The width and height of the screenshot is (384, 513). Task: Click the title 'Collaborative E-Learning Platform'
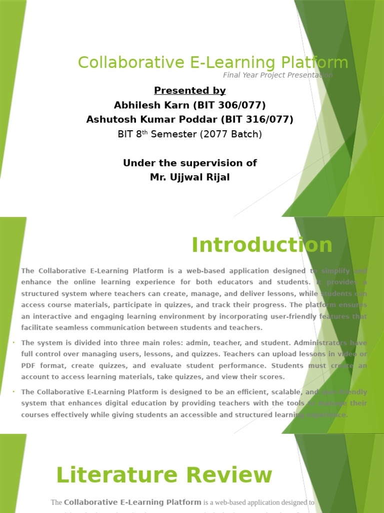pyautogui.click(x=213, y=63)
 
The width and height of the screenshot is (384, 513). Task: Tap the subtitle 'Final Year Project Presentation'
pyautogui.click(x=277, y=75)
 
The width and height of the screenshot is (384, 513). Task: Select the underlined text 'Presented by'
pyautogui.click(x=190, y=91)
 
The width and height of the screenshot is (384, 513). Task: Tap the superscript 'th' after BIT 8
pyautogui.click(x=146, y=132)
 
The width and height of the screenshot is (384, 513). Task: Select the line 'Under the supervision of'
pyautogui.click(x=190, y=163)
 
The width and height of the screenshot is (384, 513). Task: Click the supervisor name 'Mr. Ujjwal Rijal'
pyautogui.click(x=190, y=178)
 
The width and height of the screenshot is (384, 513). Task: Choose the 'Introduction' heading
pyautogui.click(x=262, y=245)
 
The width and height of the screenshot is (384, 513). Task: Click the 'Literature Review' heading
pyautogui.click(x=164, y=475)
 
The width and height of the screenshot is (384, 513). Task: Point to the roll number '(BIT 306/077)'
pyautogui.click(x=233, y=105)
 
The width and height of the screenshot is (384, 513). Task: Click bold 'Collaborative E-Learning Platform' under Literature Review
pyautogui.click(x=132, y=502)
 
